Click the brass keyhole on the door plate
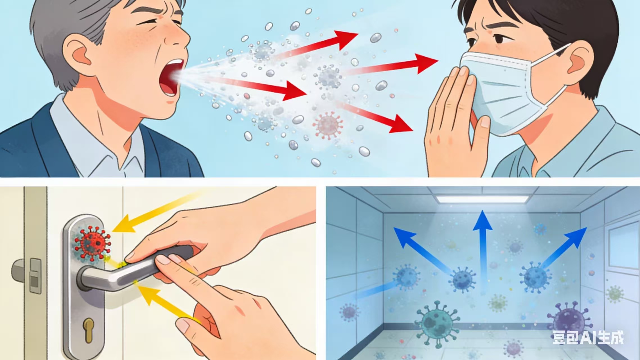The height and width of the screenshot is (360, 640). tap(89, 330)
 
